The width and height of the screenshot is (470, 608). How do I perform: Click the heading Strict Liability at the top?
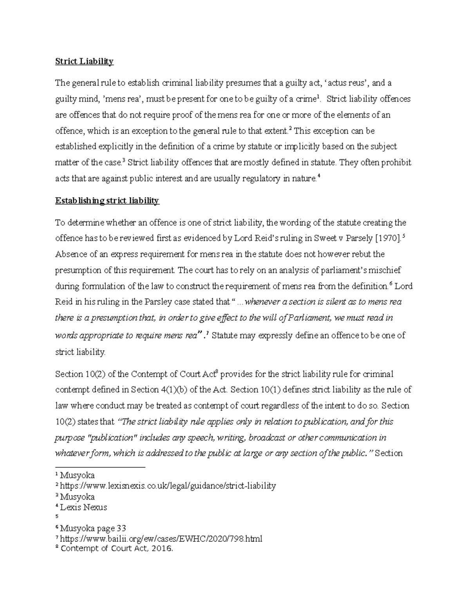click(84, 61)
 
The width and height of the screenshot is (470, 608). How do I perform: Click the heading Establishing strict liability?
click(107, 201)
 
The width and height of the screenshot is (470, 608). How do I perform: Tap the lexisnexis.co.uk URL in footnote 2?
click(168, 486)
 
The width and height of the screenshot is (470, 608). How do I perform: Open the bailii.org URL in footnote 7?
click(161, 539)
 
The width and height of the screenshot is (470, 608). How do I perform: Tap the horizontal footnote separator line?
click(100, 467)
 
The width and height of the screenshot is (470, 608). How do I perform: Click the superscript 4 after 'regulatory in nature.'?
click(319, 177)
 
